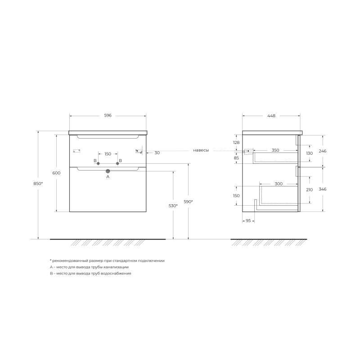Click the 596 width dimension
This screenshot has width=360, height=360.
108,116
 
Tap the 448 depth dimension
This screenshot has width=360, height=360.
271,116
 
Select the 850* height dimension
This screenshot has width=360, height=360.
38,184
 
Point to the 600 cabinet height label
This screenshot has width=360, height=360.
57,173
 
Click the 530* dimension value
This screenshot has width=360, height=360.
173,206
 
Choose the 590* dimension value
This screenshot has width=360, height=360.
188,202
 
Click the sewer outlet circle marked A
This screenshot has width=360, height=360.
108,171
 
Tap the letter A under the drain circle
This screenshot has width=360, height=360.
108,177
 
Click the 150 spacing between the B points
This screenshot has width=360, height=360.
108,154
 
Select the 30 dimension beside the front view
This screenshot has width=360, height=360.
157,153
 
